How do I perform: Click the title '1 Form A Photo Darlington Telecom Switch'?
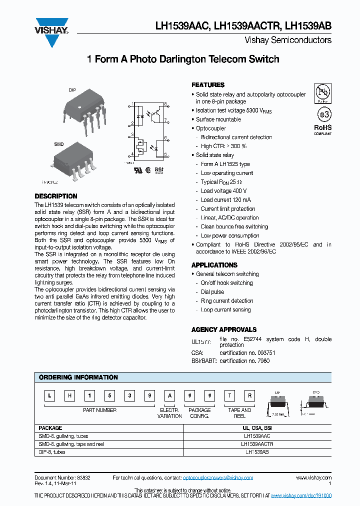[x=183, y=59]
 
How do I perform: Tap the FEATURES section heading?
[x=208, y=85]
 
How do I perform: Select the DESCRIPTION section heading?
[x=56, y=196]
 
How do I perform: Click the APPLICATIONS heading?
[x=214, y=265]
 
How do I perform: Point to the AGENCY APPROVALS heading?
[x=224, y=329]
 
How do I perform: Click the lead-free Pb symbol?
[x=322, y=92]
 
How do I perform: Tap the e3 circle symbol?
[x=323, y=114]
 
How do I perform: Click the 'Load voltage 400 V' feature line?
[x=223, y=191]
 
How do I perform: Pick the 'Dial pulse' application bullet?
[x=212, y=292]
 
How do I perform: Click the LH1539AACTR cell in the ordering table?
[x=257, y=444]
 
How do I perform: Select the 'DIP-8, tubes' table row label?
[x=52, y=452]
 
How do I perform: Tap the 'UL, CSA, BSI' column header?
[x=257, y=428]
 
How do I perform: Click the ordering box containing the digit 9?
[x=149, y=396]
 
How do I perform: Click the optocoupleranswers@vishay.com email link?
[x=218, y=478]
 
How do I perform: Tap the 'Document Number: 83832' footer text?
[x=62, y=478]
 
